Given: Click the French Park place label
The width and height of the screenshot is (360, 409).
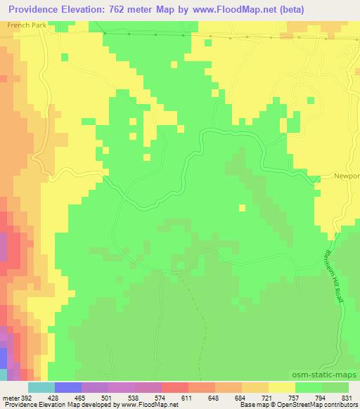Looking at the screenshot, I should point(22,25).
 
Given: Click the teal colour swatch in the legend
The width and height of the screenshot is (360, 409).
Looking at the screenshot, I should point(41,387).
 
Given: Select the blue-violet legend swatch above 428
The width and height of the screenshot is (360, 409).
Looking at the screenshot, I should point(68,387).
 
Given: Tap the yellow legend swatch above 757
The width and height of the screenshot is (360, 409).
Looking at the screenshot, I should point(282,387).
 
